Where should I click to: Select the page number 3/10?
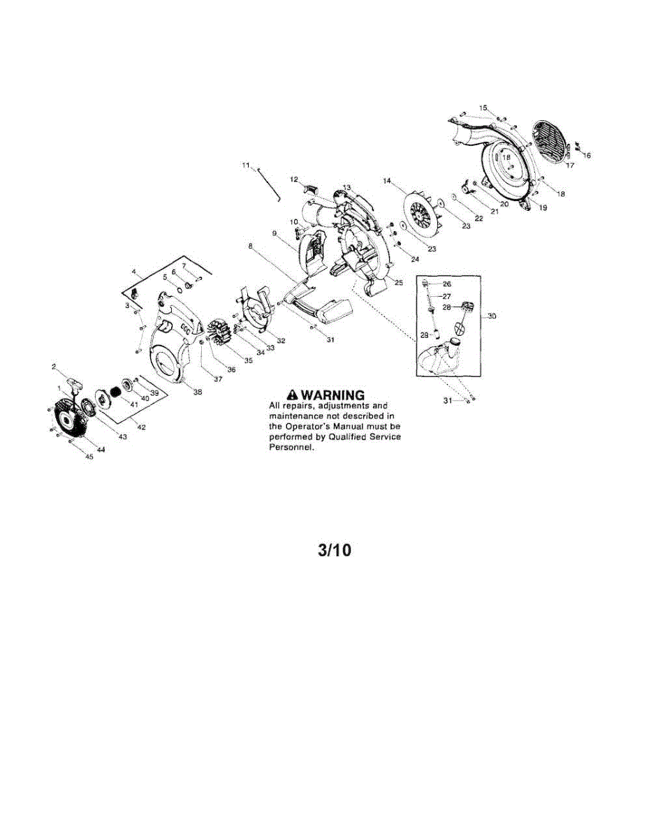(335, 550)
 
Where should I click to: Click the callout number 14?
(387, 180)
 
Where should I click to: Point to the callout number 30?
(492, 316)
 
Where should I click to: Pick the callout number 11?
(246, 165)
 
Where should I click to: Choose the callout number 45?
(89, 457)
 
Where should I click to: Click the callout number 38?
(197, 392)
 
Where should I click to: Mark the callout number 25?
(399, 283)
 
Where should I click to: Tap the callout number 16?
(587, 156)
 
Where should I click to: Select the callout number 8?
(250, 246)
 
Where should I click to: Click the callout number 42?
(142, 427)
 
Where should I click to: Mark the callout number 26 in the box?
(447, 284)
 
